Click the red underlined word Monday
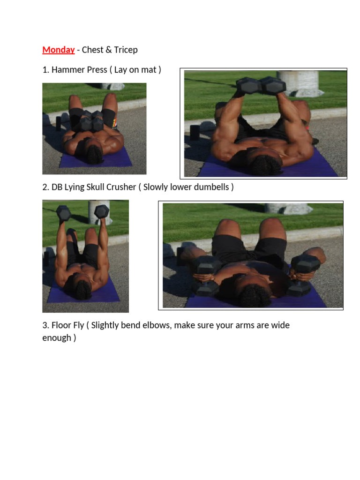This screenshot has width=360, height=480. coord(59,50)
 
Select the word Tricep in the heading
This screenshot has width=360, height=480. coord(126,50)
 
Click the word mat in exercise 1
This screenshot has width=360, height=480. coord(149,70)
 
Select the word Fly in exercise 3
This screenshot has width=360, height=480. coord(78,325)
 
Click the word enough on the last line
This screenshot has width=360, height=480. coord(57,338)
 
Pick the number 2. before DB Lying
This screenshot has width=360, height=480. coord(45,187)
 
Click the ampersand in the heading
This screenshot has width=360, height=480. coord(109,50)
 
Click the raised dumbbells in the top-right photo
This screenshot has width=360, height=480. coord(261,85)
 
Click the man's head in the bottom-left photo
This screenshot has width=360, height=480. coord(82,290)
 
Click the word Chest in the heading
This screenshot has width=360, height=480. coord(92,50)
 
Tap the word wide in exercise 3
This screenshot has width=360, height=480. coord(280,325)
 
